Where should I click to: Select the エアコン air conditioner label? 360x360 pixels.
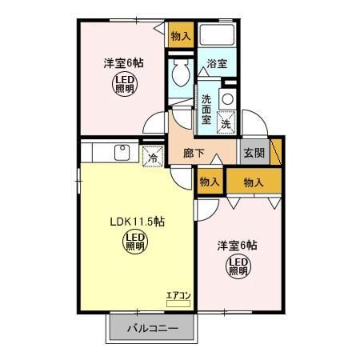(x=178, y=295)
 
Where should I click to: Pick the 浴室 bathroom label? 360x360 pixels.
(x=217, y=63)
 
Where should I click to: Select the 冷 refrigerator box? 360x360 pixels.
(x=153, y=158)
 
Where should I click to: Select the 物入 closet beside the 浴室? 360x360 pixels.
(x=181, y=36)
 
